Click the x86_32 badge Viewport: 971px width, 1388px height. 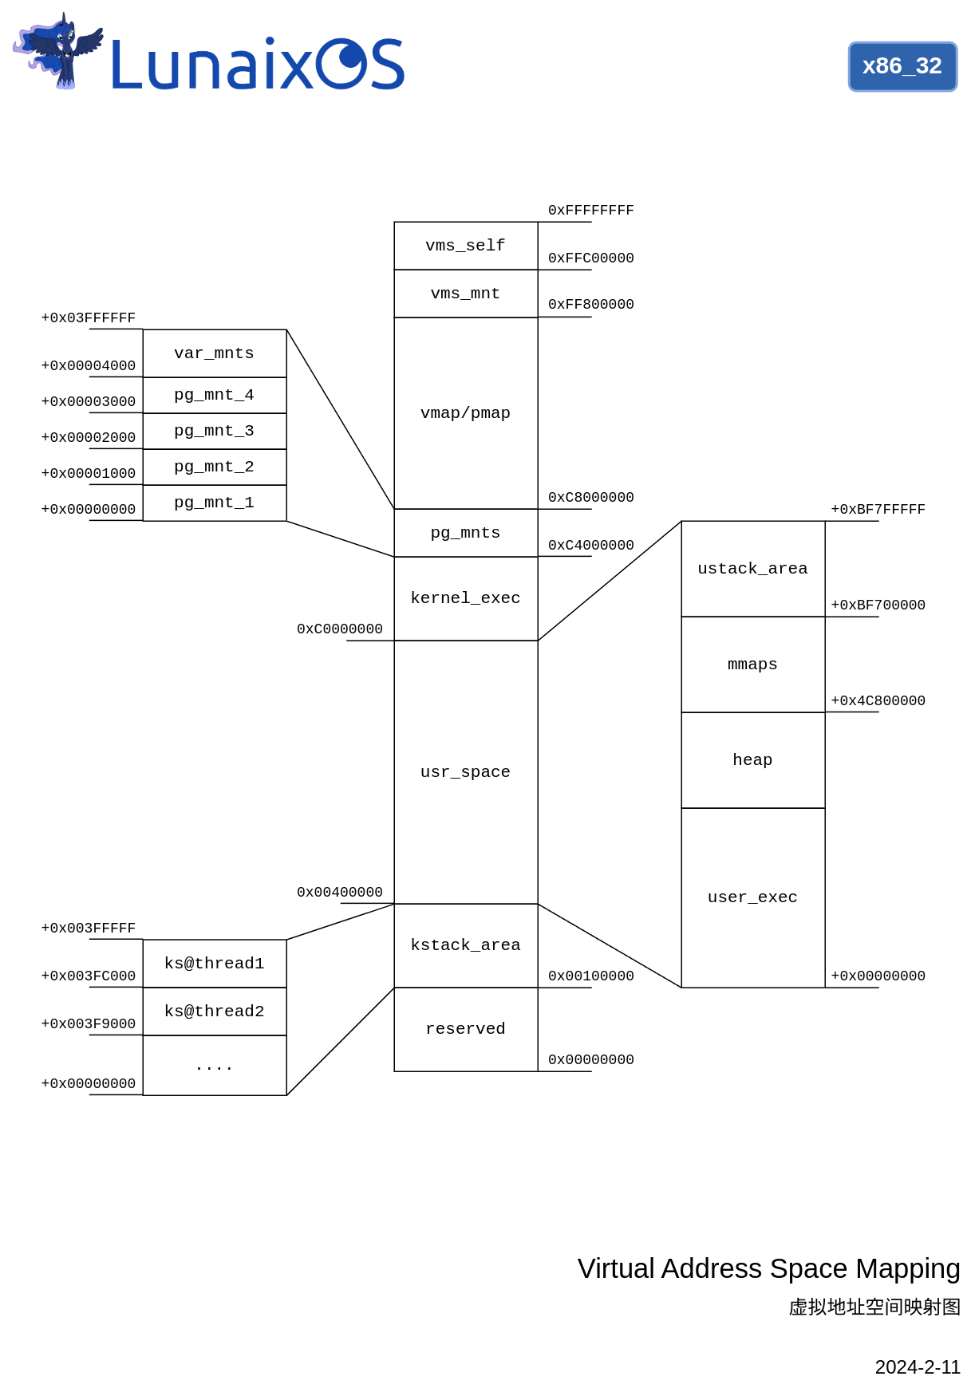[x=902, y=66]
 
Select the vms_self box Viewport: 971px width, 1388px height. [x=465, y=246]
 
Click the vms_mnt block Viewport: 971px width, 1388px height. [x=465, y=294]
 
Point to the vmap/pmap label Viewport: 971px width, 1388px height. [x=465, y=413]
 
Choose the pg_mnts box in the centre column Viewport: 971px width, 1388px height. [x=465, y=533]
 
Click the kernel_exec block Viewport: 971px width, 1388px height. [x=465, y=598]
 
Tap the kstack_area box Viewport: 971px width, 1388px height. [x=465, y=945]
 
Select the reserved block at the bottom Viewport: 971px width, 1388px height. [x=465, y=1029]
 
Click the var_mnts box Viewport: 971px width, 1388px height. [x=214, y=353]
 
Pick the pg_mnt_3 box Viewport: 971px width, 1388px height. [x=214, y=431]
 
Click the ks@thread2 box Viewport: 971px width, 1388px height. [x=214, y=1011]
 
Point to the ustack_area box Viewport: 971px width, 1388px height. [x=752, y=569]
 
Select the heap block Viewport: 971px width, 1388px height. [x=752, y=760]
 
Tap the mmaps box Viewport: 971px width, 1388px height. [x=752, y=664]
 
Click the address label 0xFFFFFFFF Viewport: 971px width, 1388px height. [x=590, y=211]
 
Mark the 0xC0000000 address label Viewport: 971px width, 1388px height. [x=339, y=629]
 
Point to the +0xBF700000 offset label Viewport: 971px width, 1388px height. [x=878, y=605]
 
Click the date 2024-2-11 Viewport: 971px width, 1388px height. [x=917, y=1367]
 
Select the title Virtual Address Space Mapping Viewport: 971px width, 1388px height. [x=768, y=1268]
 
